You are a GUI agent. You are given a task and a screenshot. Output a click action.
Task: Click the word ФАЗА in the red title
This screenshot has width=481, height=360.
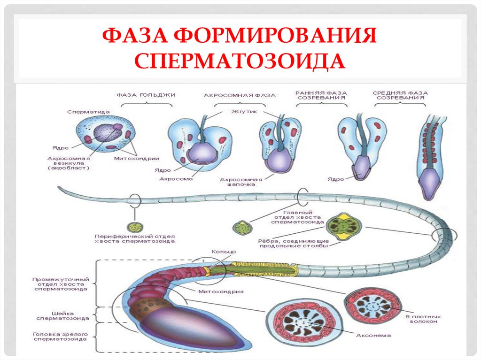(134, 36)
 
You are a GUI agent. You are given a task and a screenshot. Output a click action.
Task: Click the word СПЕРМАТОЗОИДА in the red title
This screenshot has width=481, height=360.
(240, 61)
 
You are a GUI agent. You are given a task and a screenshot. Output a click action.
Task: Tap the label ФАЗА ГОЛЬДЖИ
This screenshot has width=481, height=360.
(146, 95)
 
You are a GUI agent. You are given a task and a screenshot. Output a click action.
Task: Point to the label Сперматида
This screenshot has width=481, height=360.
(88, 112)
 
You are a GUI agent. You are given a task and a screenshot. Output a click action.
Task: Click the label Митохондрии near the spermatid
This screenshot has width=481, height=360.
(136, 158)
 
